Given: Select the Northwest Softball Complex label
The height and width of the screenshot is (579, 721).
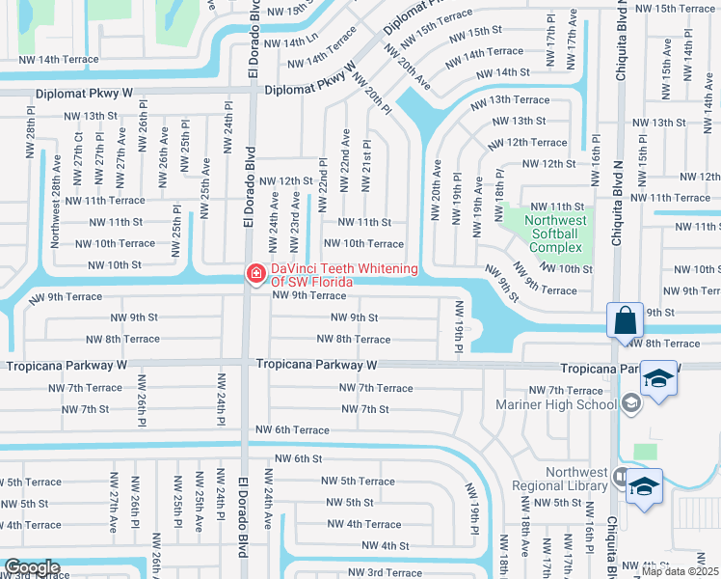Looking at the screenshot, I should tap(555, 233).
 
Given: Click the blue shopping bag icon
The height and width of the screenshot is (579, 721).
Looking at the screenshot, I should tap(625, 319).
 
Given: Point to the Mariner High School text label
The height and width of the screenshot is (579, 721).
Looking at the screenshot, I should tap(554, 404).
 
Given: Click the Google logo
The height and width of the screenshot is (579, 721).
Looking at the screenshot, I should tap(32, 566).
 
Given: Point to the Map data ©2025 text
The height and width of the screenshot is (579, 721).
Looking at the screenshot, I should tap(680, 571).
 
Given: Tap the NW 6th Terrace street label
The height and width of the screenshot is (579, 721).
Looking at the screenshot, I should tap(292, 429).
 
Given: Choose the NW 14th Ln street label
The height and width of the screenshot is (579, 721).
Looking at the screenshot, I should tap(291, 43).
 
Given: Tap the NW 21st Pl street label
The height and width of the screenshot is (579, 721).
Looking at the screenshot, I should tap(367, 158).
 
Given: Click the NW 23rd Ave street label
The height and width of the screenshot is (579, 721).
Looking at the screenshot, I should tap(295, 213).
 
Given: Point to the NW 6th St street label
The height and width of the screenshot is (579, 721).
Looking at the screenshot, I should tap(298, 458).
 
